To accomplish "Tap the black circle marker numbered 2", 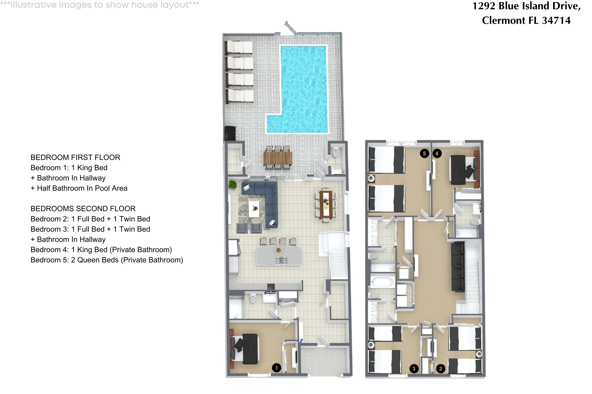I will (440, 369).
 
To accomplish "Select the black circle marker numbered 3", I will (414, 369).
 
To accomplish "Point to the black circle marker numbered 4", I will (437, 153).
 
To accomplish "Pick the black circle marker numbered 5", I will (424, 153).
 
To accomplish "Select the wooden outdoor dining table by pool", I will (278, 158).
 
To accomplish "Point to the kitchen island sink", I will (281, 260).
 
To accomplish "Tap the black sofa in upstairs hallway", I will (458, 266).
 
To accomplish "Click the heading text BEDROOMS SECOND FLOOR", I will (83, 209).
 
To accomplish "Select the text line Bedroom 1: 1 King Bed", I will (69, 168).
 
